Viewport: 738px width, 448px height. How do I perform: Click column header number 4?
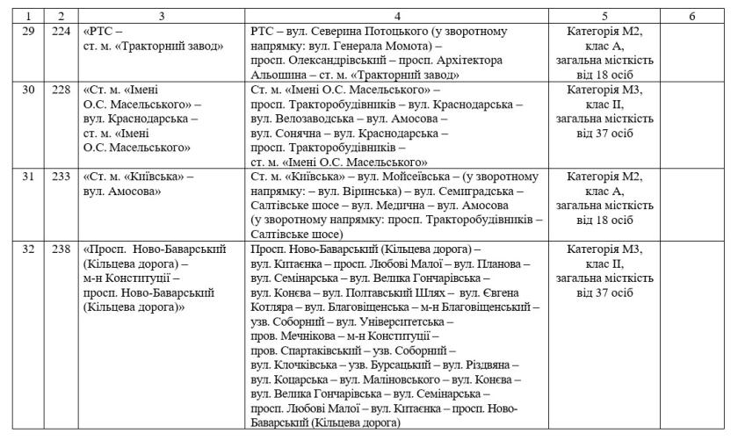coord(399,17)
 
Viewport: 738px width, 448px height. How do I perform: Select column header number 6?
coord(691,17)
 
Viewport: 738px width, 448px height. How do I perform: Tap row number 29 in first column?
coord(27,31)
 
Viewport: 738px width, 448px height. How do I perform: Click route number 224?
coord(61,31)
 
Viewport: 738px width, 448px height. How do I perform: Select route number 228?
coord(61,90)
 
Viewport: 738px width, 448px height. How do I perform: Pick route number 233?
coord(61,177)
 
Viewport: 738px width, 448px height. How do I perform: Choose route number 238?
coord(61,249)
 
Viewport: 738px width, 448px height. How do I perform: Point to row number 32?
coord(27,249)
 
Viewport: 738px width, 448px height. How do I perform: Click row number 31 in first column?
coord(27,177)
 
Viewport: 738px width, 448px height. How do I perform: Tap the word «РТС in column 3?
coord(100,31)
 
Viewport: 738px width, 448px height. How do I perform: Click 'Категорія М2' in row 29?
coord(604,31)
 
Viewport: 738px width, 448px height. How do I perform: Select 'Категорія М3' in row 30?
coord(604,90)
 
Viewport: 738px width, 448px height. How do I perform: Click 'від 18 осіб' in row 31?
coord(604,220)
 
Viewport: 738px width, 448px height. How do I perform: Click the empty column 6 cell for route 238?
coord(691,334)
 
